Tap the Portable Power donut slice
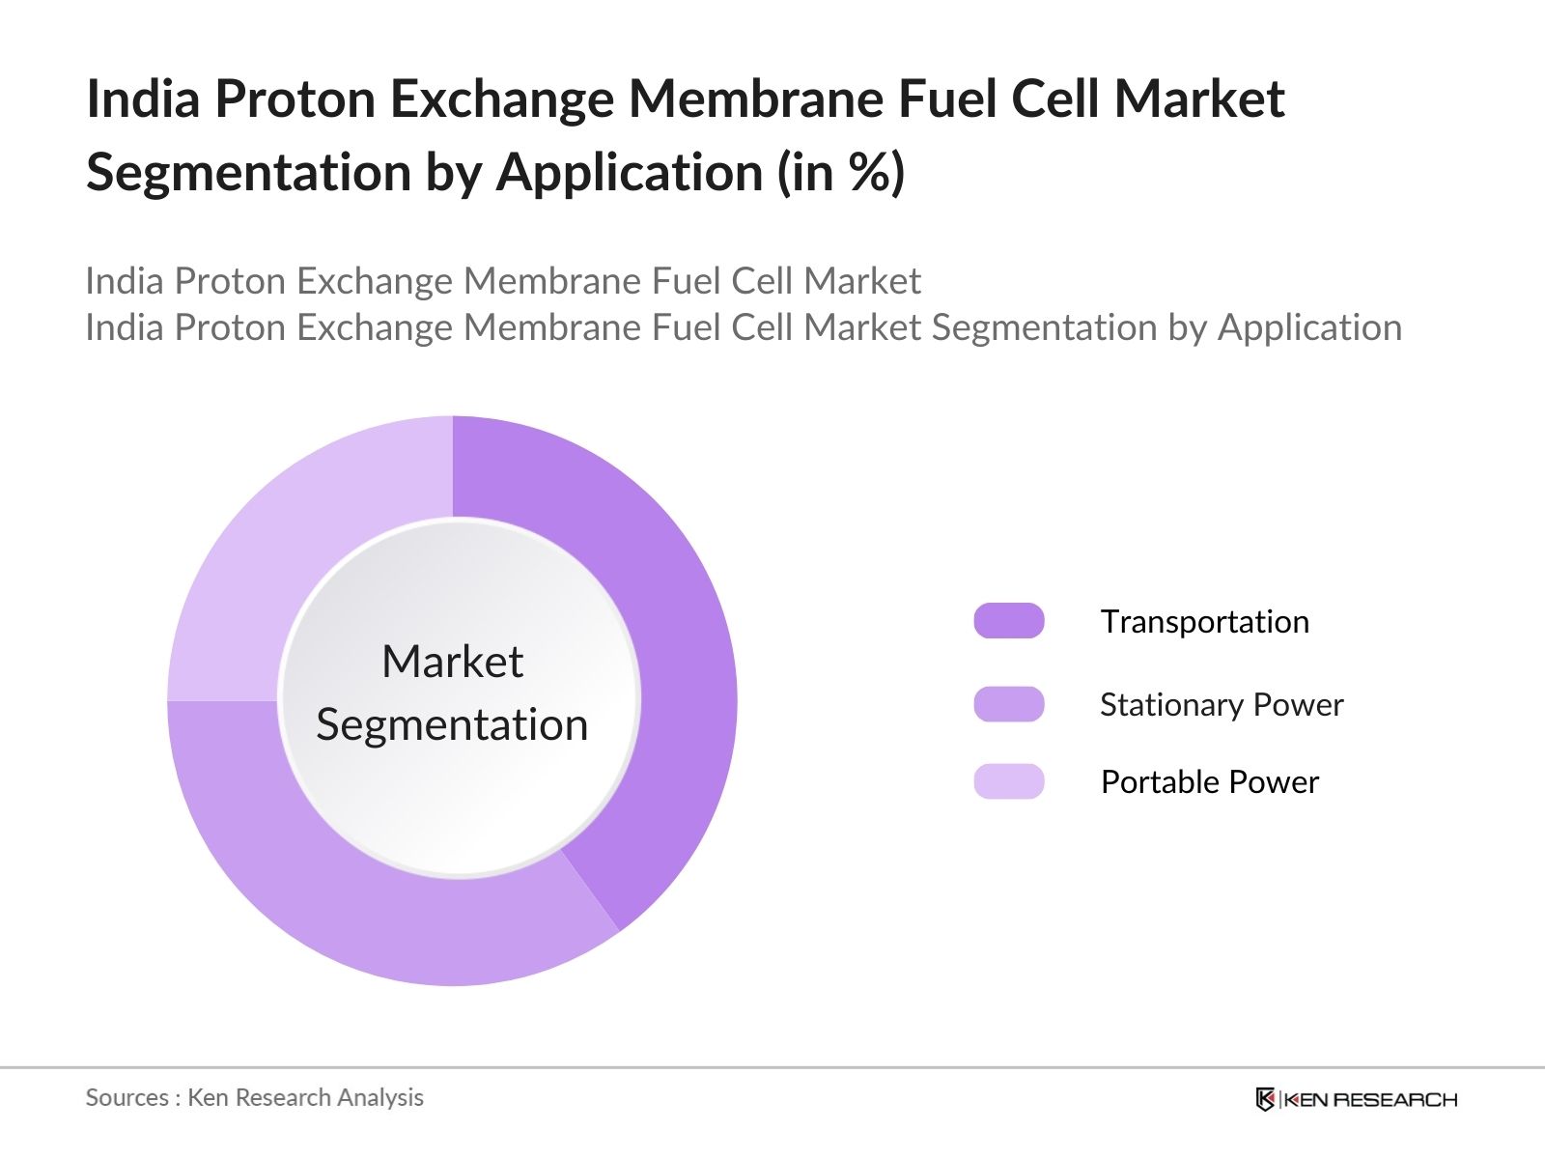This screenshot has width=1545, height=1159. (x=290, y=541)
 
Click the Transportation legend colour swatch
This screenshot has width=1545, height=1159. (x=1009, y=621)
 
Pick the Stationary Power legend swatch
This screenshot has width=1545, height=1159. (x=1009, y=704)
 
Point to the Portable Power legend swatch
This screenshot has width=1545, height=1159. (x=1009, y=781)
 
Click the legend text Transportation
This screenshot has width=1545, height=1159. (x=1204, y=621)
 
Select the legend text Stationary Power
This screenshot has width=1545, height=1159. (x=1222, y=704)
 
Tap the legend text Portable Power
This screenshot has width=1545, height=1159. (x=1209, y=781)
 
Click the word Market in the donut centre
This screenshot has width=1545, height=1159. (x=452, y=663)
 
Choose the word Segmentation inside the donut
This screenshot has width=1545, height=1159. (x=452, y=724)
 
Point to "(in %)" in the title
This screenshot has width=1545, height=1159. (x=841, y=173)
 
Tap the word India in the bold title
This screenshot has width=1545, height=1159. (x=143, y=99)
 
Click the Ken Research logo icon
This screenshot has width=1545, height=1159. (x=1265, y=1099)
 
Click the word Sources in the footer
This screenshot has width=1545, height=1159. (x=127, y=1097)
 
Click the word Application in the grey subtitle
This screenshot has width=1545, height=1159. (x=1309, y=328)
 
